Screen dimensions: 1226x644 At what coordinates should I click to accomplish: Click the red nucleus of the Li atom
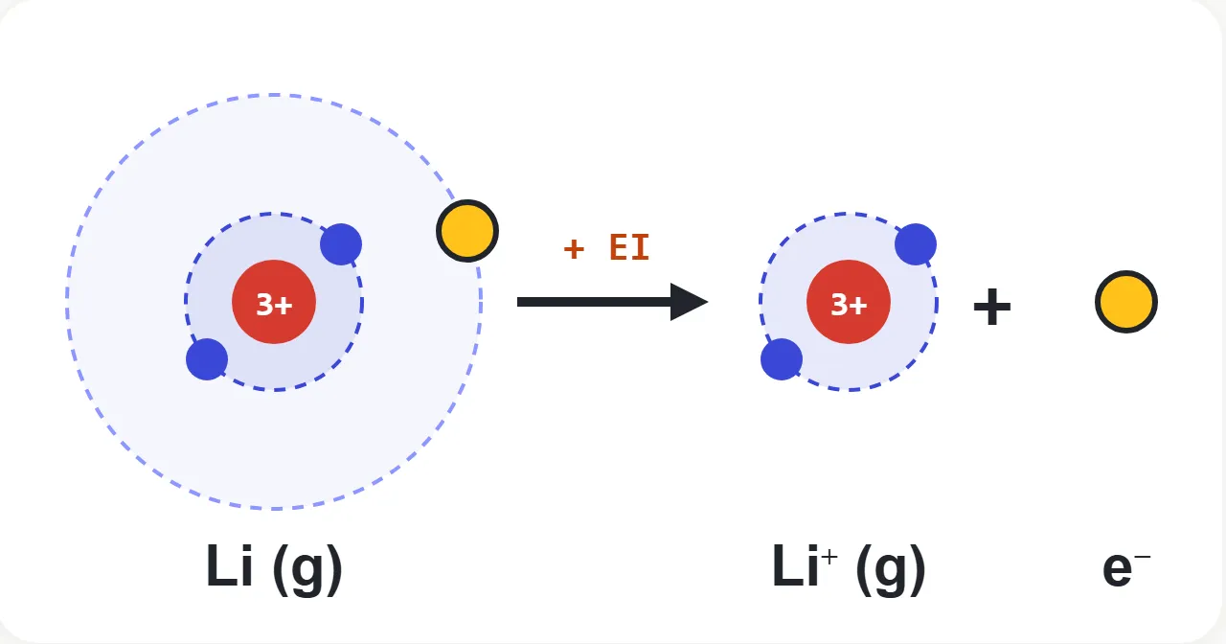274,302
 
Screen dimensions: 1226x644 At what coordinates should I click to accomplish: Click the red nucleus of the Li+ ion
849,302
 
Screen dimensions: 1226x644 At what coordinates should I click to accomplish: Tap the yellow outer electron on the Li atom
467,231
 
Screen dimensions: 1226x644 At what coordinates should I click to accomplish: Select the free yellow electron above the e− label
1126,302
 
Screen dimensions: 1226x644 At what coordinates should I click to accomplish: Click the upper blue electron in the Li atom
341,244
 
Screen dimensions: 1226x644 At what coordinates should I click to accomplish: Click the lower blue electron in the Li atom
207,359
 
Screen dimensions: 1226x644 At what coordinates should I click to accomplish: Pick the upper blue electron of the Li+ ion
916,244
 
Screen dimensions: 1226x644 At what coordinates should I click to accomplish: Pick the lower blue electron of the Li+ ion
782,359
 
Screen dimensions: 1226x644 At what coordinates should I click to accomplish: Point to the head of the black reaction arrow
708,302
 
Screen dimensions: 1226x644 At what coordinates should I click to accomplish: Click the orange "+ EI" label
607,247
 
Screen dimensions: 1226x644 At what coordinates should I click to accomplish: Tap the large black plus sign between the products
992,307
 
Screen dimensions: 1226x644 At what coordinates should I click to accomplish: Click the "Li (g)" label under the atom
274,568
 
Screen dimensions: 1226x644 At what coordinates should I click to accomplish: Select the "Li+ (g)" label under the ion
849,568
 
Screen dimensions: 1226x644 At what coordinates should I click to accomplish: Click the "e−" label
1126,569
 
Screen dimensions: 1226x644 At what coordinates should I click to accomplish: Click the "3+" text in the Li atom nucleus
274,305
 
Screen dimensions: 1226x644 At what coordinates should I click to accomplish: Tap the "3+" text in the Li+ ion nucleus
849,305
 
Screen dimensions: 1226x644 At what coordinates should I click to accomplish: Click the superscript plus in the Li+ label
829,557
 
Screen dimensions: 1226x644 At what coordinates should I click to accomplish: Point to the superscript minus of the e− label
1143,557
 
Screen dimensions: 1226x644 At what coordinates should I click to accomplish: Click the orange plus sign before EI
574,248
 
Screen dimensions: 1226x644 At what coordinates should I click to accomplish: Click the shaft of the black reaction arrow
595,302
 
